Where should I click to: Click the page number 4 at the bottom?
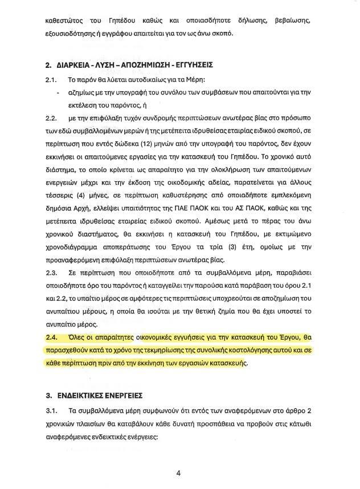point(178,473)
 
